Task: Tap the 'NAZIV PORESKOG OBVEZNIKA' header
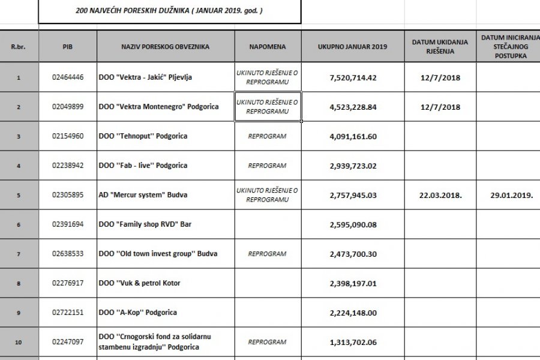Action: coord(166,46)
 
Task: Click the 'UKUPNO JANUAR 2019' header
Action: coord(353,46)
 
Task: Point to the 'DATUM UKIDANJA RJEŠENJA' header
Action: coord(441,46)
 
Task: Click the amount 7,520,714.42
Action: coord(353,77)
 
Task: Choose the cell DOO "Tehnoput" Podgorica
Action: coord(143,136)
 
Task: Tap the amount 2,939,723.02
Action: coord(353,166)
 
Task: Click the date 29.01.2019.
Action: coord(508,195)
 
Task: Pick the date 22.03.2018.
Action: coord(441,195)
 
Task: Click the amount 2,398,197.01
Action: coord(353,283)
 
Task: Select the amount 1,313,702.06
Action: coord(353,342)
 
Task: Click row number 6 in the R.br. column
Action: coord(19,224)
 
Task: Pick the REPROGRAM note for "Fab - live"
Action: coord(267,166)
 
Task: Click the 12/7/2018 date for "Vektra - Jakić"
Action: coord(441,77)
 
